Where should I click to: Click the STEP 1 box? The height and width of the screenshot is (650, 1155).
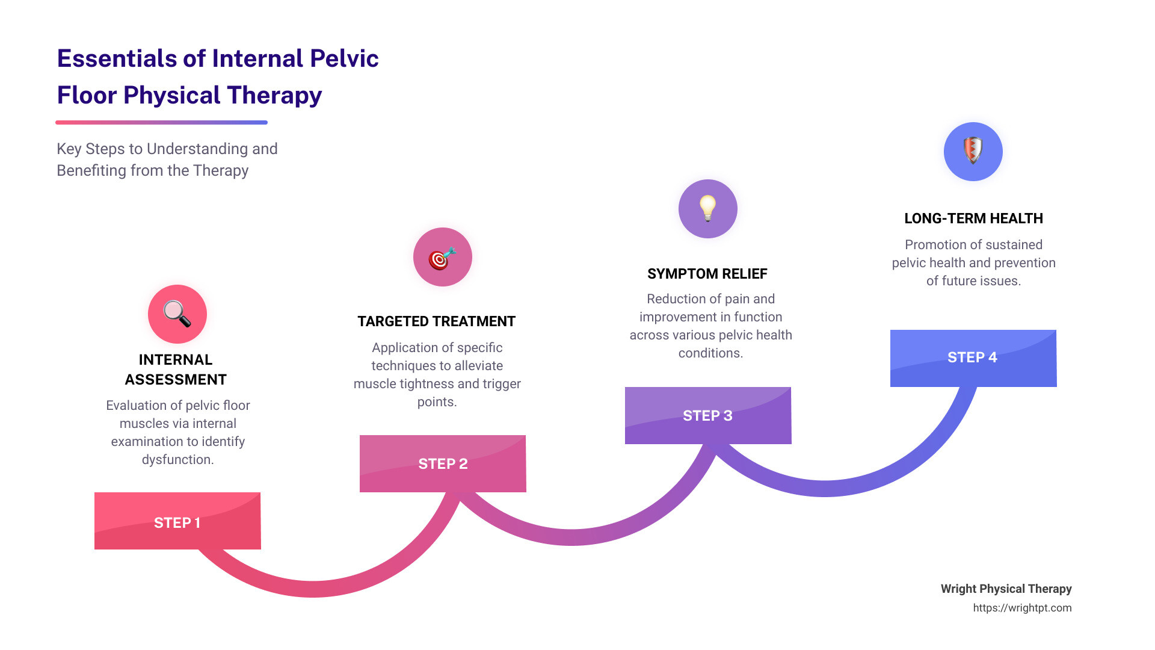click(x=177, y=521)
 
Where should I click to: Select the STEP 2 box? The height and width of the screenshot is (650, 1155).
click(x=443, y=463)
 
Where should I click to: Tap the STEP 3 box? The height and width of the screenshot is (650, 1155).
click(x=708, y=415)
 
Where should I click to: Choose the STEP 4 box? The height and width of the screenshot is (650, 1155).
click(x=973, y=357)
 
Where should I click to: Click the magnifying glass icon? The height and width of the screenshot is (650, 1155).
click(x=177, y=314)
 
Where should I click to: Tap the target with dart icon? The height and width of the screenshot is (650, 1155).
click(x=442, y=257)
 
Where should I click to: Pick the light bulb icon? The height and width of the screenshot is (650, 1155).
click(x=708, y=208)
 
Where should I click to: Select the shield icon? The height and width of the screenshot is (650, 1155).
click(x=973, y=151)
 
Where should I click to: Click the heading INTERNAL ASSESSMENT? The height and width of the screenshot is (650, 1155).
click(x=176, y=370)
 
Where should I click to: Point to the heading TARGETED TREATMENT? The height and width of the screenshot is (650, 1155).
click(x=437, y=321)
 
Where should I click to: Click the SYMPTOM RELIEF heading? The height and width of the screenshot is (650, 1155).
click(x=707, y=274)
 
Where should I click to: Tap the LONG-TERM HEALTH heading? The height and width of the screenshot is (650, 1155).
click(x=973, y=218)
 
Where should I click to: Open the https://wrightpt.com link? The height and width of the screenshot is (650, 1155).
click(x=1022, y=608)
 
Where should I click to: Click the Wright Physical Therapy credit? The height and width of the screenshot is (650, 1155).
click(x=1006, y=589)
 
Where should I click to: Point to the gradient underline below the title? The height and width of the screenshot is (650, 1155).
click(x=161, y=122)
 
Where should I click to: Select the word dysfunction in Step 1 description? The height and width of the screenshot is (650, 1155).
click(x=177, y=460)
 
